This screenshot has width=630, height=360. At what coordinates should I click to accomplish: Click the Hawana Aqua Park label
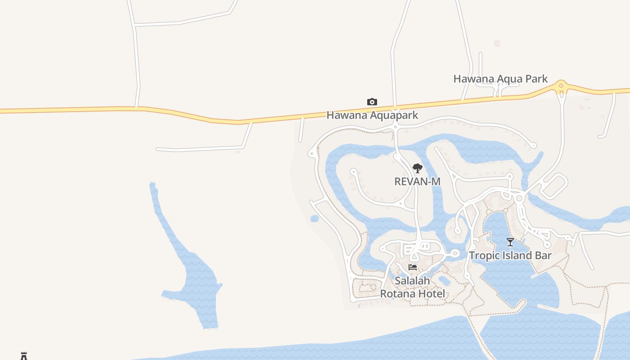pyautogui.click(x=500, y=79)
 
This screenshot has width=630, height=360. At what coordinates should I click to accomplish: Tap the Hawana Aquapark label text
pyautogui.click(x=372, y=115)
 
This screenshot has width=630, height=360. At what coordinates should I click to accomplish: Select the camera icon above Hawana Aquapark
pyautogui.click(x=372, y=102)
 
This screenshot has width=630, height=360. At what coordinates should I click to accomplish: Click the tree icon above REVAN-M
pyautogui.click(x=418, y=169)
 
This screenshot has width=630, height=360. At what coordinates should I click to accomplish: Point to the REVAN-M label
pyautogui.click(x=417, y=181)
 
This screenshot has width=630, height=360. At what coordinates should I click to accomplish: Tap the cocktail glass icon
pyautogui.click(x=510, y=242)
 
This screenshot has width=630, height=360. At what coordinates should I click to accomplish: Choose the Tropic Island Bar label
pyautogui.click(x=510, y=256)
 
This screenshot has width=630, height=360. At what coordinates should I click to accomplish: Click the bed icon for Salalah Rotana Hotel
pyautogui.click(x=413, y=267)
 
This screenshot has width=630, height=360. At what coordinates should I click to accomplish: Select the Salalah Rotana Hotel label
pyautogui.click(x=413, y=287)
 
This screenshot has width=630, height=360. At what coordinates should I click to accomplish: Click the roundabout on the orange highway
pyautogui.click(x=561, y=86)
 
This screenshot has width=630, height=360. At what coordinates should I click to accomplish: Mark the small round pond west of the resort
pyautogui.click(x=315, y=219)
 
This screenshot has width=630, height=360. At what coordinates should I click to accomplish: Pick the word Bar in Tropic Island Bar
pyautogui.click(x=543, y=256)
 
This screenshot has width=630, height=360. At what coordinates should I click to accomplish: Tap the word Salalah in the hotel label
pyautogui.click(x=413, y=281)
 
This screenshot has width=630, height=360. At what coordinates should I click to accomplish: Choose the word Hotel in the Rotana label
pyautogui.click(x=431, y=294)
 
